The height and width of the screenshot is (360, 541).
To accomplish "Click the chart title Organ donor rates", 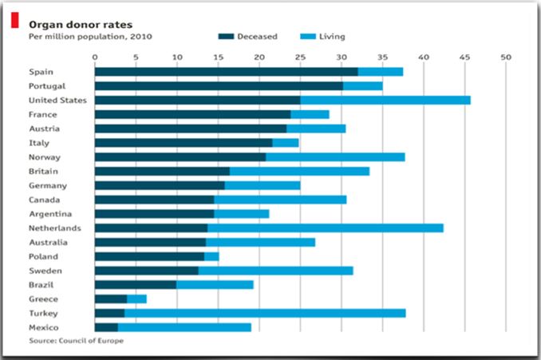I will [69, 24].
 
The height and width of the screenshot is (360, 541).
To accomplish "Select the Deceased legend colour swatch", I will [226, 36].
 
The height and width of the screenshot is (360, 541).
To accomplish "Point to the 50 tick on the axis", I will [505, 57].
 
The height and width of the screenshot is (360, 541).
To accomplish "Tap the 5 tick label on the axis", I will [136, 57].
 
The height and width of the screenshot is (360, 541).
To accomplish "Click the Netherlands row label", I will [50, 227].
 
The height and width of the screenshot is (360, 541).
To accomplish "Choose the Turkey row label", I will [41, 313].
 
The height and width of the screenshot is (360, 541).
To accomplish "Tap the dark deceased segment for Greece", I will [110, 299].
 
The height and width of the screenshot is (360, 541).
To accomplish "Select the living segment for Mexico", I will [184, 327].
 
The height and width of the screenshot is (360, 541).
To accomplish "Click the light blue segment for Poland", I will [211, 256].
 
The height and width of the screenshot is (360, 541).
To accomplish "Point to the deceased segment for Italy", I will [183, 142].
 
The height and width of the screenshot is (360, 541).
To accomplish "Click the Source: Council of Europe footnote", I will [77, 341].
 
